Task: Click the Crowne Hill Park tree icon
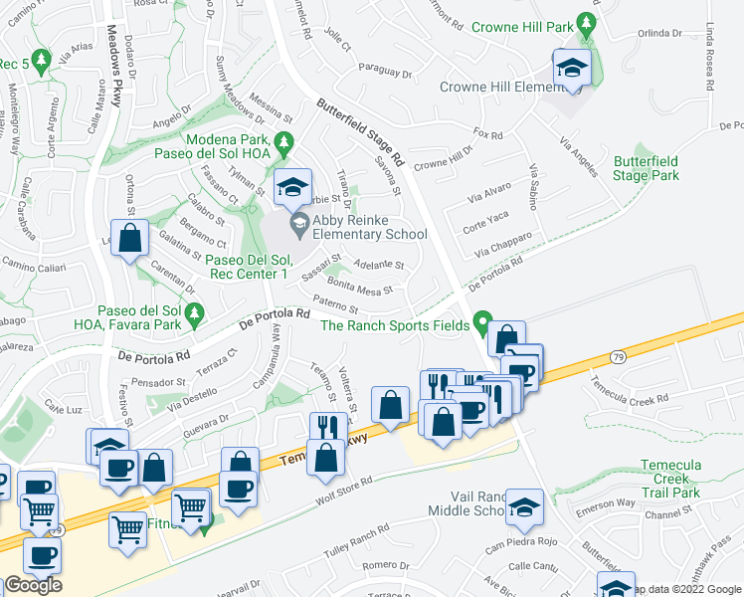coord(588,24)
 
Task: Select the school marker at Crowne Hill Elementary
coord(572,68)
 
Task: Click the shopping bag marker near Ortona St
coord(130,239)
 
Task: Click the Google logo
coord(32,585)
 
